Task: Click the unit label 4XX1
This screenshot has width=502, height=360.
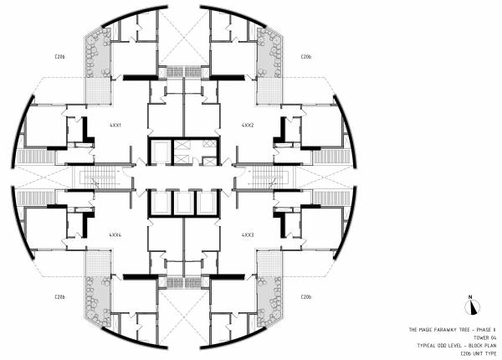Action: [x=115, y=125]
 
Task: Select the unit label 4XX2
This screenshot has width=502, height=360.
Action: [x=248, y=125]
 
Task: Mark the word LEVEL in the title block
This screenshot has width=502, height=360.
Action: [x=457, y=345]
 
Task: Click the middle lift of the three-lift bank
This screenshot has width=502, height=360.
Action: [x=182, y=203]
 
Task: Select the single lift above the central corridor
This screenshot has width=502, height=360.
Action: [x=182, y=150]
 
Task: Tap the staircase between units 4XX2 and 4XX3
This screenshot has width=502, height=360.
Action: [x=266, y=177]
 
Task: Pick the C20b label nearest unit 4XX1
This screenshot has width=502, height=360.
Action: [x=59, y=57]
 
